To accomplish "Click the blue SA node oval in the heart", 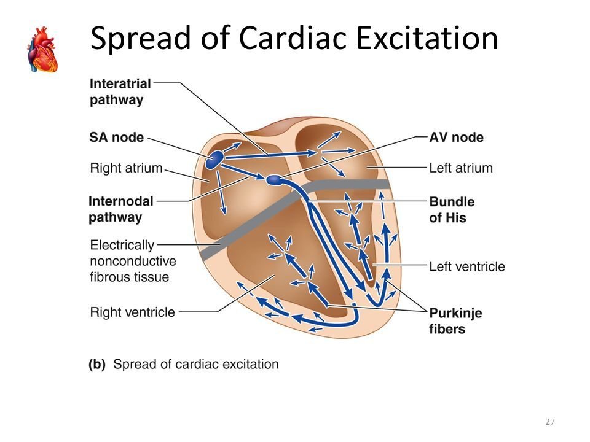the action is (214, 161).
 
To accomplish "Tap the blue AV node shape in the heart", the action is (273, 180).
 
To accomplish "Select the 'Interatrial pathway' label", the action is (120, 91).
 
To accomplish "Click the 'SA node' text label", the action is (116, 138).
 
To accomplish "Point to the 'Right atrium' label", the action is (126, 167).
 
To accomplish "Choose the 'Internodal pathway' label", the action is (120, 208).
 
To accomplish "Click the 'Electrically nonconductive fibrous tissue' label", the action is (130, 261).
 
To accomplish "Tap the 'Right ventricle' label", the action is (132, 312).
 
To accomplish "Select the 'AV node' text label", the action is (456, 138).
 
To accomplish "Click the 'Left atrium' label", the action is (460, 167).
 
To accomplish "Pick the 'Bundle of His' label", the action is (451, 209).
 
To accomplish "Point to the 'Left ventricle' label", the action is (466, 266).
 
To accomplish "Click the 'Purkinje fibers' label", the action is (455, 320).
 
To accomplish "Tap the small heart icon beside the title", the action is (42, 50).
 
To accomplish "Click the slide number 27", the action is (549, 422).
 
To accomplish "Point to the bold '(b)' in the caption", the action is (96, 364).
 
